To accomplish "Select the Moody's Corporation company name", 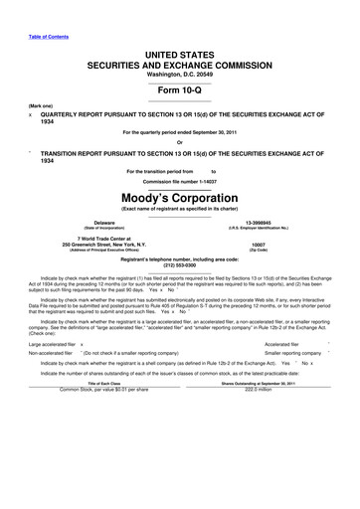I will [x=179, y=196].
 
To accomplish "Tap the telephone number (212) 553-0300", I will [x=179, y=265].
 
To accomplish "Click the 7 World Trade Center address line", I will [x=103, y=238].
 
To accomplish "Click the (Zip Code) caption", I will [x=259, y=250].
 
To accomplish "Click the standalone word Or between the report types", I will [x=179, y=140].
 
